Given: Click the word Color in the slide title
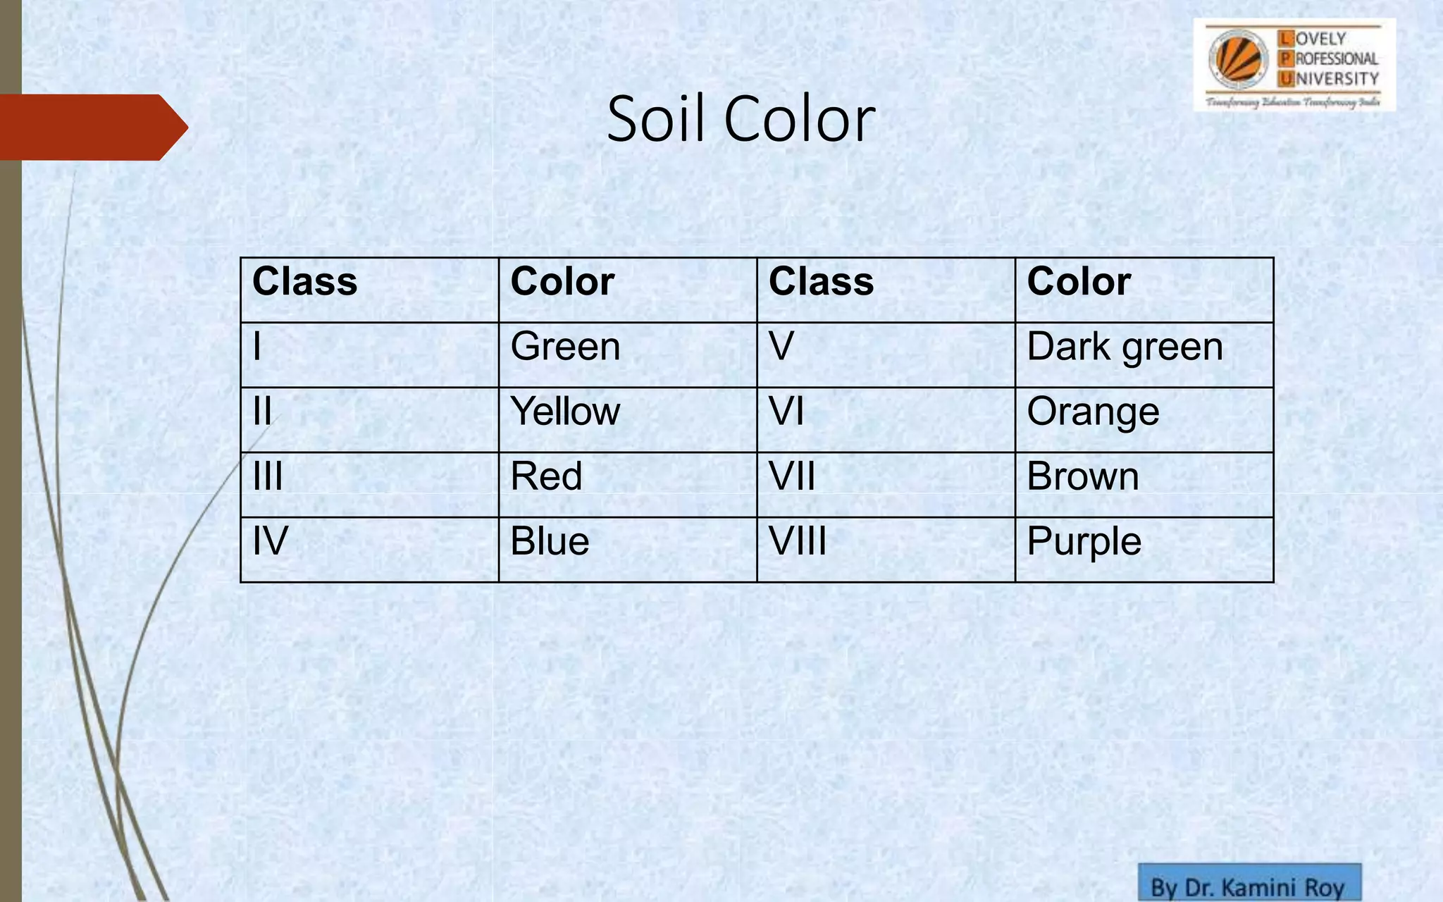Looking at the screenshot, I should tap(800, 120).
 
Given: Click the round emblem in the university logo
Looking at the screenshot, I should tap(1238, 59).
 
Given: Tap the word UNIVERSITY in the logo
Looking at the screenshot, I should tap(1336, 78).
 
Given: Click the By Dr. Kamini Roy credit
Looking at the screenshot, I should tap(1249, 886).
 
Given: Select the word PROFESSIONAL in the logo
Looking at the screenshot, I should tap(1336, 58).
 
